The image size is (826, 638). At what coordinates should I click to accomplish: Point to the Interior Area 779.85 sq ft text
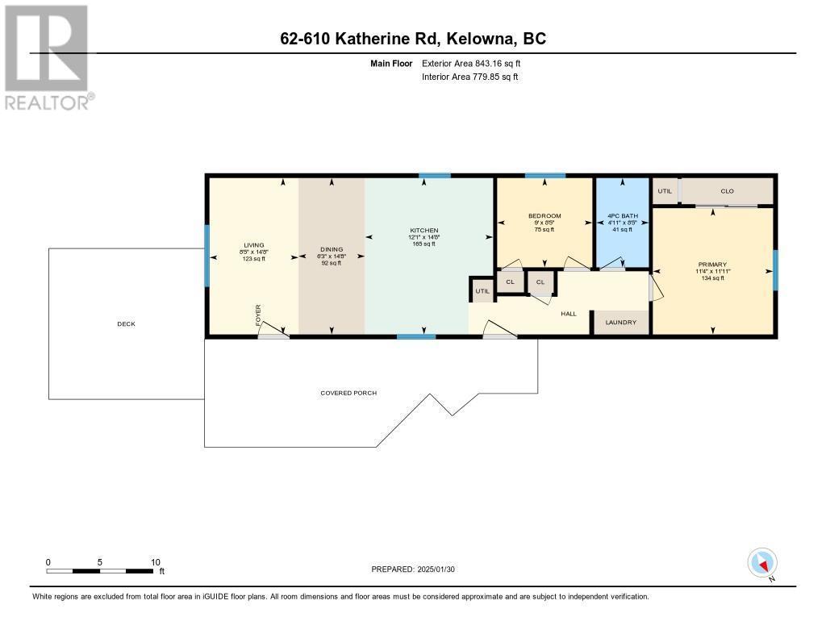point(469,77)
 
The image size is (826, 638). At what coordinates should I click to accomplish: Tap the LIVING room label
point(254,245)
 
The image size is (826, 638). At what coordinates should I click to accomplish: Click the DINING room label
point(332,250)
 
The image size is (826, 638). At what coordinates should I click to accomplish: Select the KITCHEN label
point(423,231)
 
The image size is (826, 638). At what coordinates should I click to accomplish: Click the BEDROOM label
point(544,216)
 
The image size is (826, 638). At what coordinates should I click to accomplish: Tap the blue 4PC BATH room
point(622,222)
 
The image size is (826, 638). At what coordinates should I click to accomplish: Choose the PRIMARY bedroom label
point(713,265)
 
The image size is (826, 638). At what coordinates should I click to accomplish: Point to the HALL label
point(569,313)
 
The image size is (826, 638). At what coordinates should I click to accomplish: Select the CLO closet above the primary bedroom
point(727,191)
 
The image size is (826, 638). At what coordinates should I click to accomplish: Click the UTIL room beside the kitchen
point(482,290)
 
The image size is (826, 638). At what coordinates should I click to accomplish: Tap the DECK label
point(126,324)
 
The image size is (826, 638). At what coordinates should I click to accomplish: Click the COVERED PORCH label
point(348,393)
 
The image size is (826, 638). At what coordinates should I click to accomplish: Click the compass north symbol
point(762,562)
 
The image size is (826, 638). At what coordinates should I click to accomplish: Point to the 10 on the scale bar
point(156,562)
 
